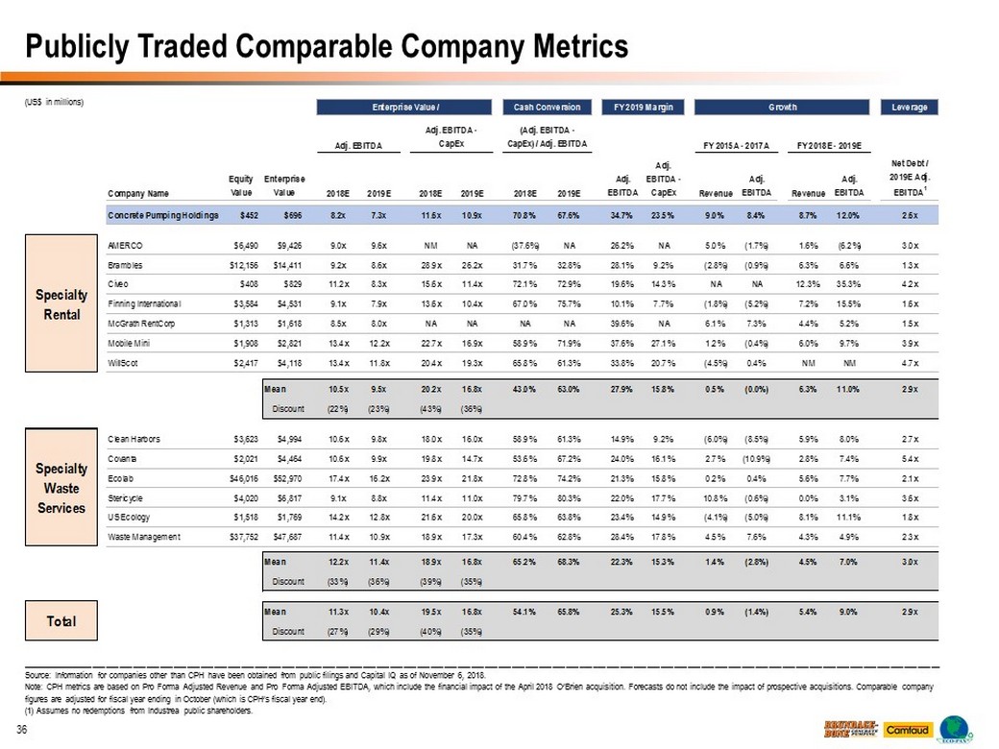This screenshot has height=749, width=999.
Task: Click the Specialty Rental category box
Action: coord(62,302)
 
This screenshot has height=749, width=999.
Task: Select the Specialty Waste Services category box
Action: coord(62,487)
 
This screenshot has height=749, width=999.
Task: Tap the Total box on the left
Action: coord(62,621)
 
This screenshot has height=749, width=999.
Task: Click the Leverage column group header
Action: coord(909,108)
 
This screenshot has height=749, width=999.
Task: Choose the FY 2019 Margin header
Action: coord(639,108)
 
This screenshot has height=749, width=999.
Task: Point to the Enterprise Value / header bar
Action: coord(405,108)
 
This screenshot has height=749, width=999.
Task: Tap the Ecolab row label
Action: coord(122,476)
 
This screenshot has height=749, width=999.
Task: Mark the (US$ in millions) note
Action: coord(56,103)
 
